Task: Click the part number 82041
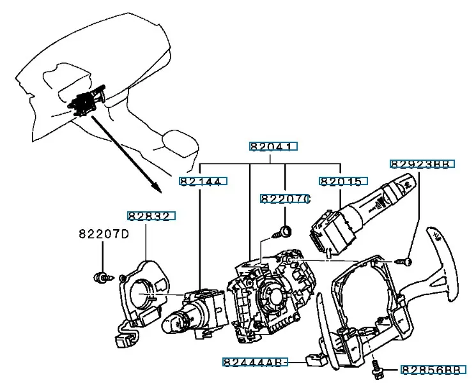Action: tap(273, 146)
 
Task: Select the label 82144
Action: tap(203, 181)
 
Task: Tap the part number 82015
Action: tap(343, 181)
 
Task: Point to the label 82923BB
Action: tap(422, 164)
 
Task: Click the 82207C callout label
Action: tap(285, 199)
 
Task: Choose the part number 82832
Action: tap(151, 216)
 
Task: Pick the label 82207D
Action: tap(104, 234)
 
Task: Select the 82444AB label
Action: tap(255, 362)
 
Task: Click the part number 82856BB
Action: tap(433, 370)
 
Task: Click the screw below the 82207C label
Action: tap(282, 232)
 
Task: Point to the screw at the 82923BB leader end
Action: tap(404, 261)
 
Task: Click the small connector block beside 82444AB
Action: tap(316, 360)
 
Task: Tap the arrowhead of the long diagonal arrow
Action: tap(157, 188)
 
